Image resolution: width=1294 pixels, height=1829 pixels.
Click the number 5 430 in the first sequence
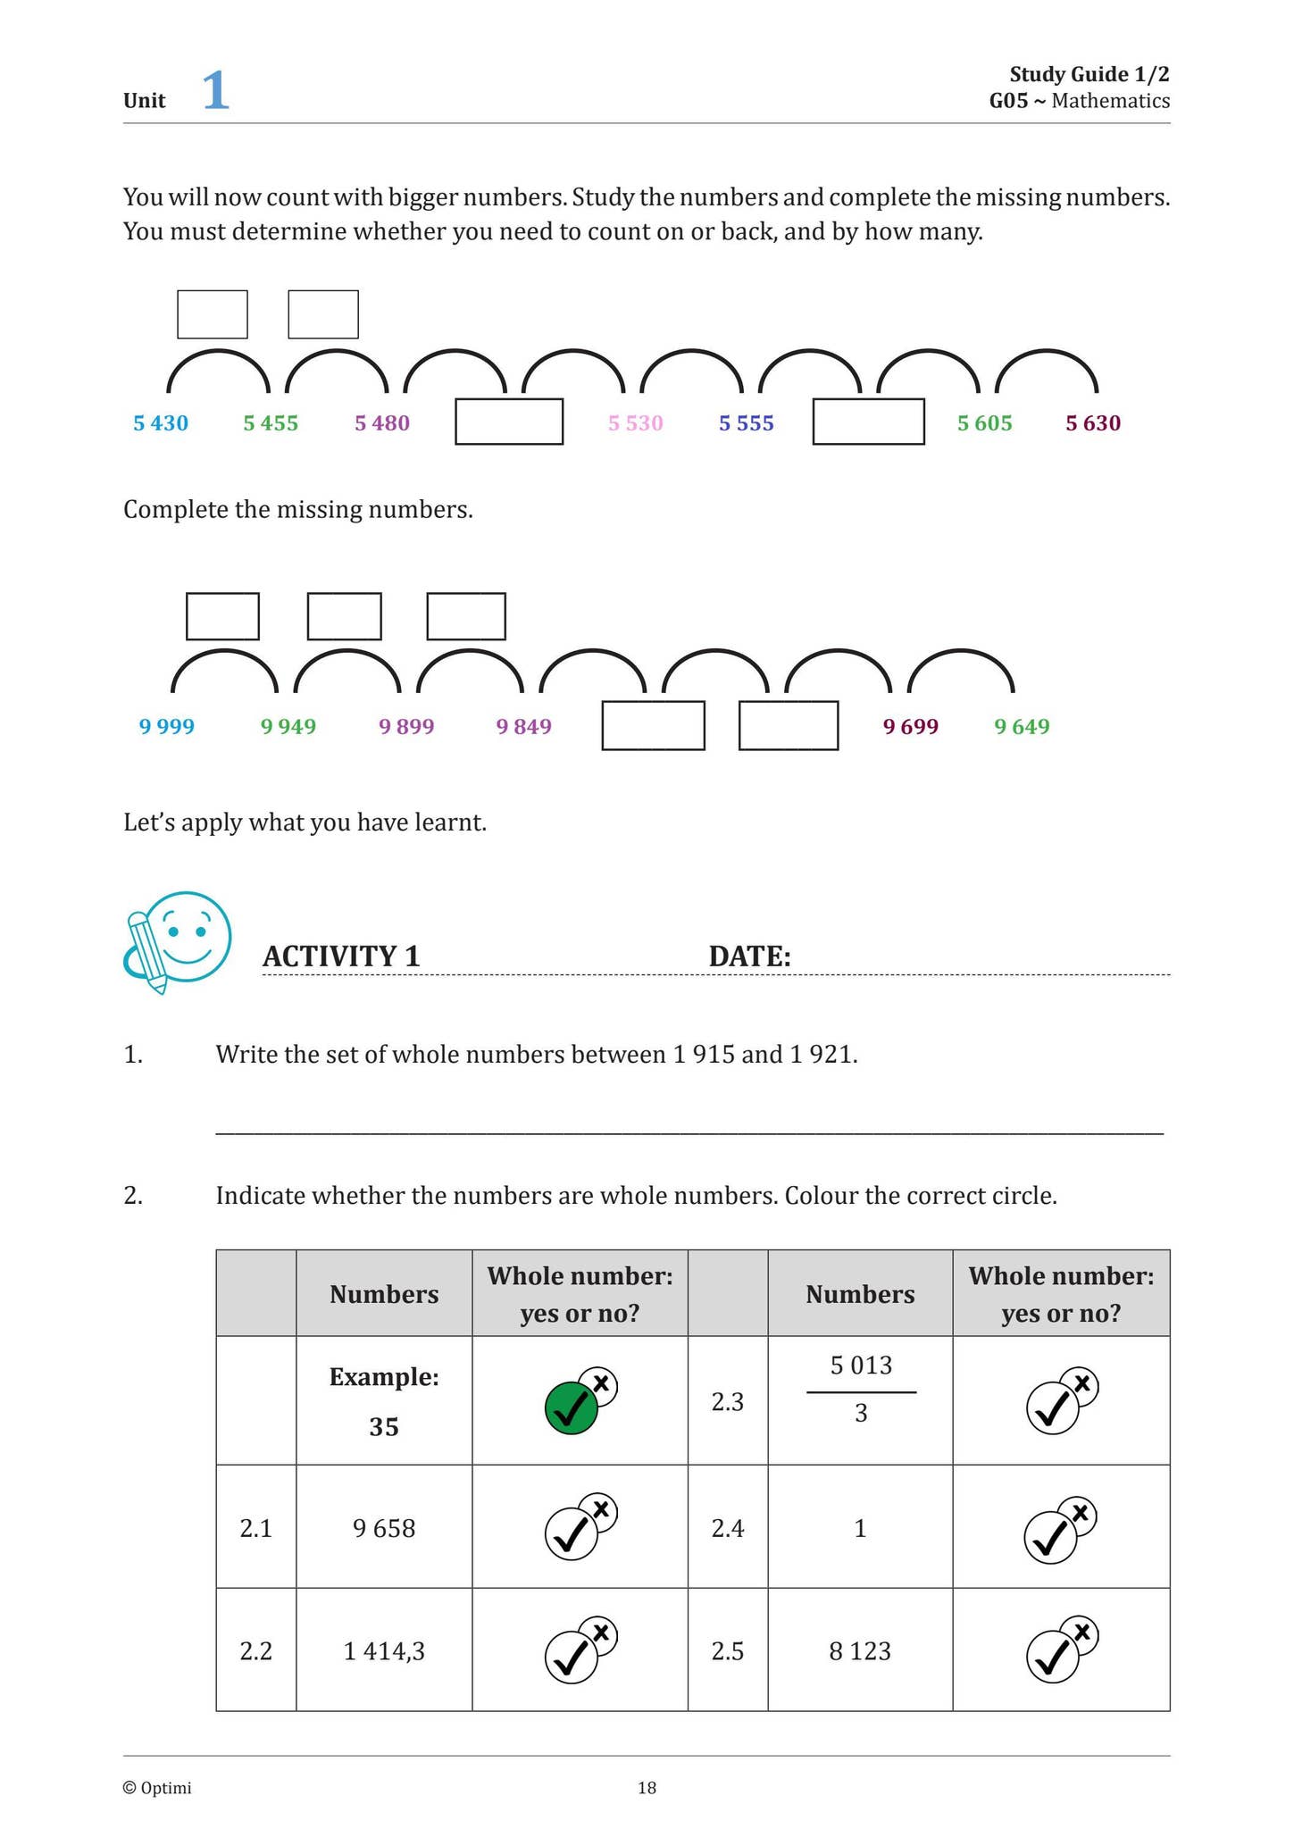coord(161,423)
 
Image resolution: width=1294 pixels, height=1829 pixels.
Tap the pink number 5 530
coord(636,423)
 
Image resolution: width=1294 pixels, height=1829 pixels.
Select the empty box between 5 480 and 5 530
coord(509,422)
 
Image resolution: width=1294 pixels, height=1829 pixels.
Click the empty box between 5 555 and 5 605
coord(868,422)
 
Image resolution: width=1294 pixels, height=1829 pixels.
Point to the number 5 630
coord(1093,423)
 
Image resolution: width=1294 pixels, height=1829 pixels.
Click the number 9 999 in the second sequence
coord(167,726)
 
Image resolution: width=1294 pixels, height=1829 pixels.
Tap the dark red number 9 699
coord(911,726)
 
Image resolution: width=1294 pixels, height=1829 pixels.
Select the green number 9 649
coord(1023,726)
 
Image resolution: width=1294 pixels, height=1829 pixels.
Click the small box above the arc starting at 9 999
coord(222,616)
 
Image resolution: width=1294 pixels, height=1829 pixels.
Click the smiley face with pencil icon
coord(179,941)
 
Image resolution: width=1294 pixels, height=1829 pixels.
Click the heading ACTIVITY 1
coord(341,956)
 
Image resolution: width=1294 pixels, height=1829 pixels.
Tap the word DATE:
coord(750,956)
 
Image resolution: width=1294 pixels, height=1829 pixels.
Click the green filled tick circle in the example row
coord(571,1408)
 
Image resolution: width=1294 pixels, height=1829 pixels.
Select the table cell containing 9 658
coord(384,1528)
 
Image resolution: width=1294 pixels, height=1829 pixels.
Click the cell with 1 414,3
coord(384,1651)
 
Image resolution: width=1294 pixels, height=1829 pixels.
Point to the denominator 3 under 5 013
coord(861,1414)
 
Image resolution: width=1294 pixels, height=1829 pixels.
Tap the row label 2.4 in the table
coord(728,1529)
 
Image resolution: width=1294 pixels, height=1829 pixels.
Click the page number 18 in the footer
coord(647,1788)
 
